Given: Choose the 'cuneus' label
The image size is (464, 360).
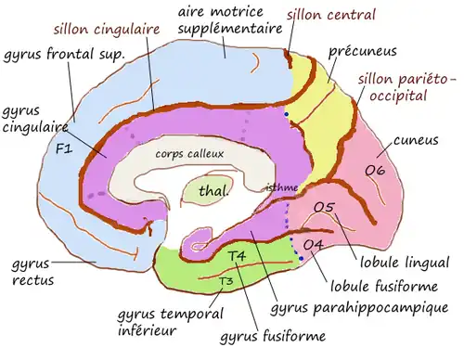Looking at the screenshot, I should click(415, 141).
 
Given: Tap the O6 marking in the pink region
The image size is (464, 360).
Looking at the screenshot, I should click(375, 170).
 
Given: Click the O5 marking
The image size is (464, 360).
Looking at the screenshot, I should click(324, 208).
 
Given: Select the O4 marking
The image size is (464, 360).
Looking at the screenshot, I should click(314, 244).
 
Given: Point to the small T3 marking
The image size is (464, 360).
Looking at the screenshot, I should click(225, 279).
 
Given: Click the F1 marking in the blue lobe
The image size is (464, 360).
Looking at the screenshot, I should click(63, 148).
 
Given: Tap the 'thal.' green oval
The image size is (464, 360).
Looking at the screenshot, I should click(214, 192).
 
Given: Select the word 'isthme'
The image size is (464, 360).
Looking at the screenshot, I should click(282, 186).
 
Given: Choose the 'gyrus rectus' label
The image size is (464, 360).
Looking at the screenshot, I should click(31, 271).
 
